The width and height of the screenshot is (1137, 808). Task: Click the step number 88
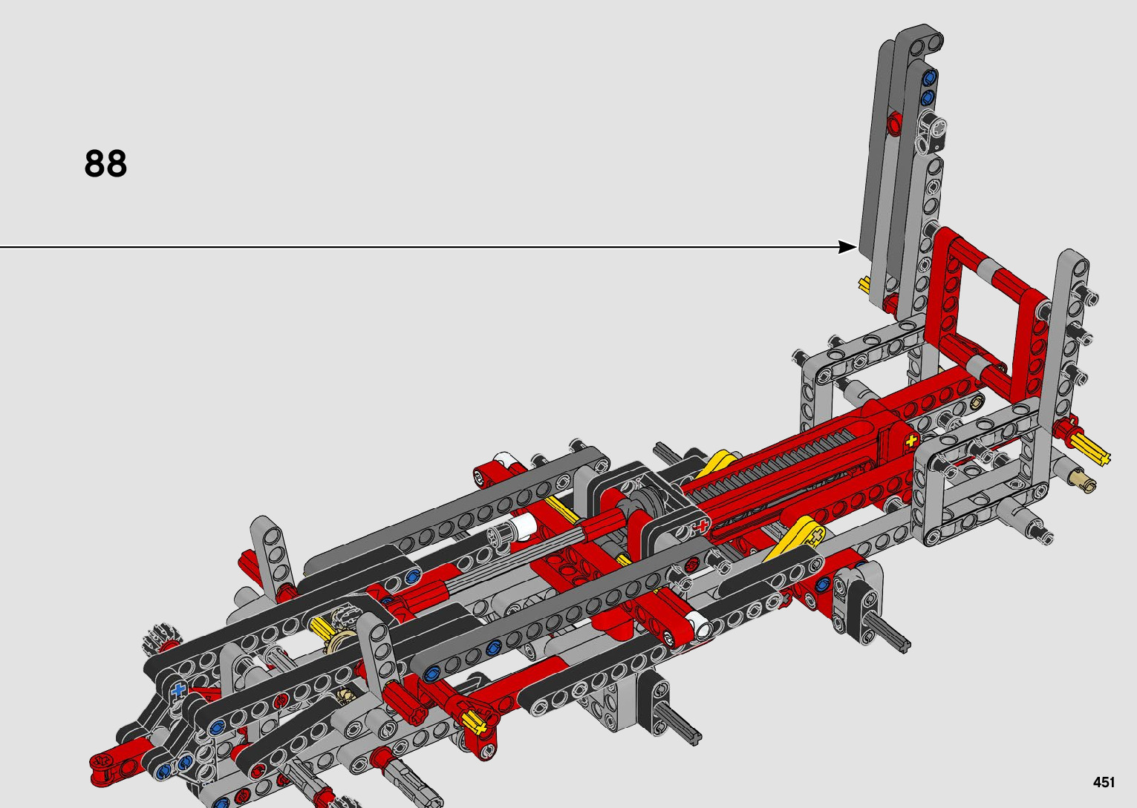[105, 163]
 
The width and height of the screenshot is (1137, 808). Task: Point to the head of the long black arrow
[847, 247]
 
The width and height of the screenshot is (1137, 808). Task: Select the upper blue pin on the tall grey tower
[930, 78]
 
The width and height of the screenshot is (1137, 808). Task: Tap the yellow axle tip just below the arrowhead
[864, 284]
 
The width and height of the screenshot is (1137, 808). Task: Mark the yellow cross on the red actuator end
[911, 440]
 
